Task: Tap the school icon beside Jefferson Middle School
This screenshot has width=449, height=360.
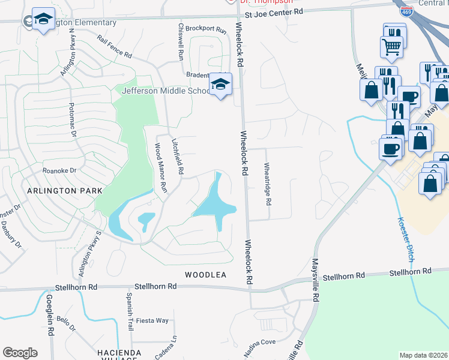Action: point(220,85)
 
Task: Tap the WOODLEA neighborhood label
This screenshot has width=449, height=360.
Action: point(205,274)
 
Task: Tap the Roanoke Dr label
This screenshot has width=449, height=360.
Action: point(59,170)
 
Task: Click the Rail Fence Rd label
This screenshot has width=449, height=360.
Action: point(114,46)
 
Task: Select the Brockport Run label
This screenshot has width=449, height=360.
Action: point(206,28)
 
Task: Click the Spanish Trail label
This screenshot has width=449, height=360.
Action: point(128,307)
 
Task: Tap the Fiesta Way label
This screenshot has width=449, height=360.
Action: point(153,320)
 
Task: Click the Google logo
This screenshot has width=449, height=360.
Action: point(20,353)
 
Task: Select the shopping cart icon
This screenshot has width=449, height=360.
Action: point(391,46)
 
